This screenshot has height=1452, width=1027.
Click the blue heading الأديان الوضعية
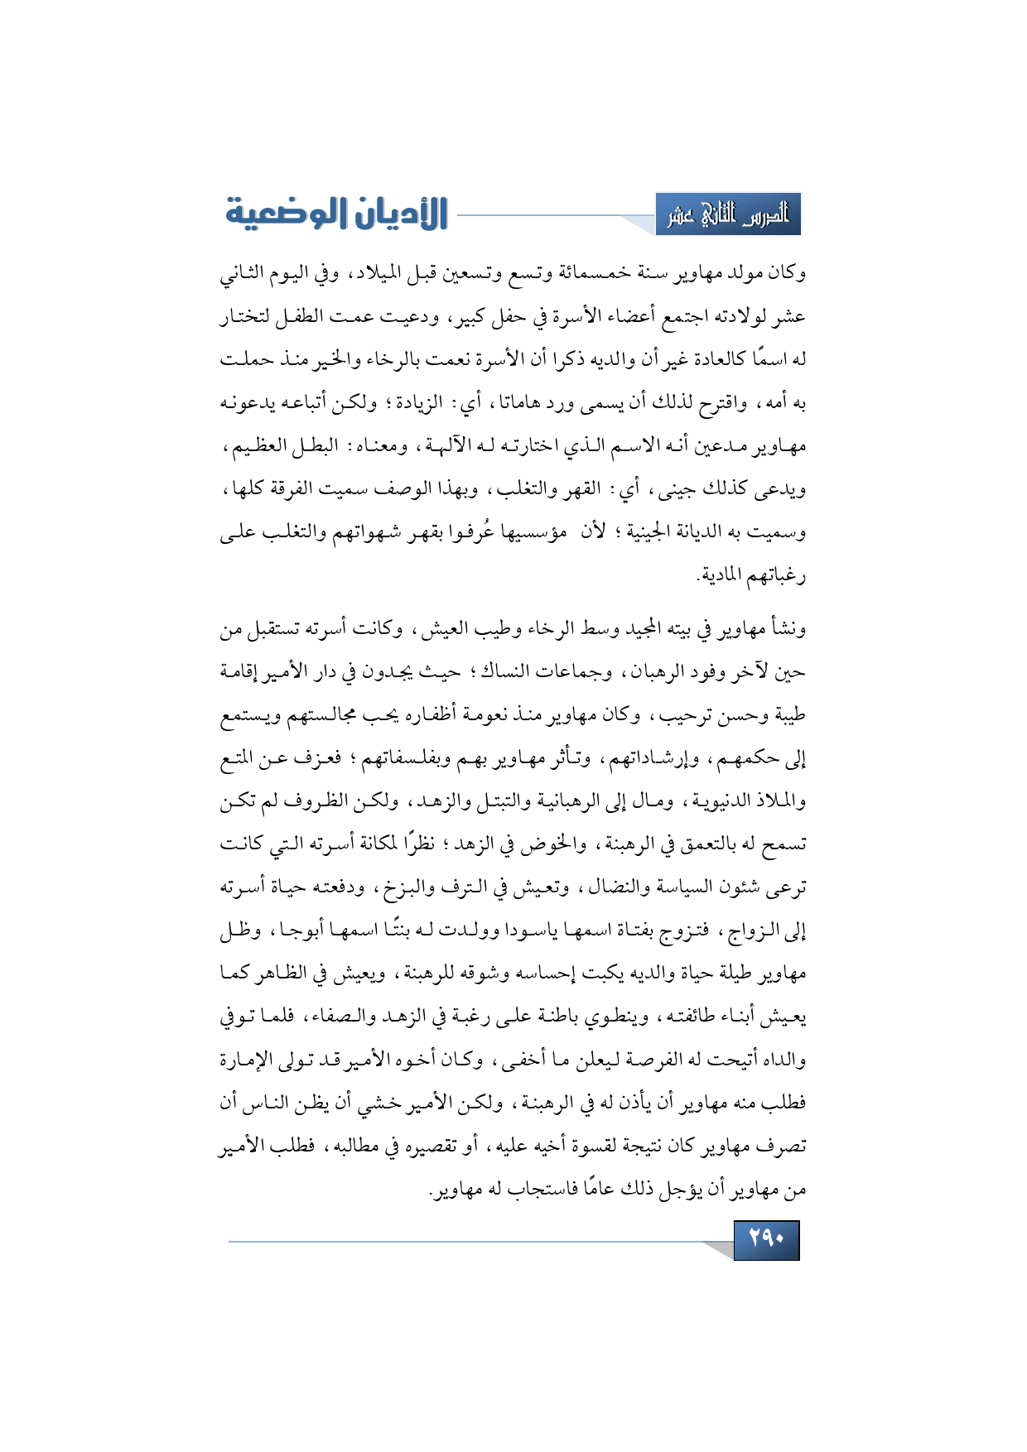click(x=336, y=214)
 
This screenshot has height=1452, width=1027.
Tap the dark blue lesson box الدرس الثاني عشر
click(x=728, y=215)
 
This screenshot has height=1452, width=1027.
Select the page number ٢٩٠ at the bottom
click(x=766, y=1239)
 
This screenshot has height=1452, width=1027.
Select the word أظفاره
click(x=494, y=716)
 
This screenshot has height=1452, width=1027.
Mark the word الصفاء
click(x=320, y=1017)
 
